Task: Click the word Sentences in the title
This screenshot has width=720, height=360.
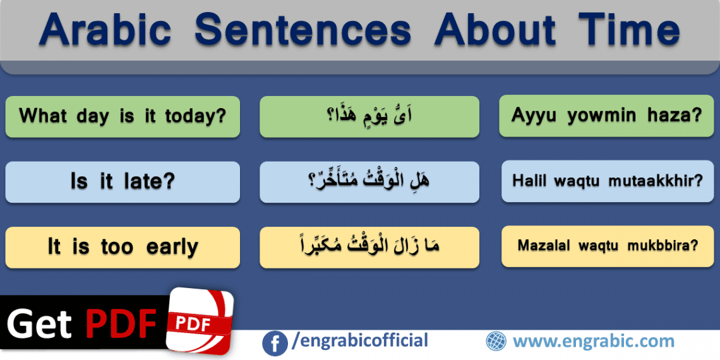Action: (303, 30)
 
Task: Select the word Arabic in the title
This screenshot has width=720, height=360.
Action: (104, 30)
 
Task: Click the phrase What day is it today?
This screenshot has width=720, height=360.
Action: (123, 116)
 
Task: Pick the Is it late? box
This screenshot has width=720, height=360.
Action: (123, 182)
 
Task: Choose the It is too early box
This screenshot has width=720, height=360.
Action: (123, 247)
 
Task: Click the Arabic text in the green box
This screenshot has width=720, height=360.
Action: (369, 116)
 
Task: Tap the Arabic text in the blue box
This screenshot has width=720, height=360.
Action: (369, 181)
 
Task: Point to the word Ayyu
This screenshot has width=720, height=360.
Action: (535, 116)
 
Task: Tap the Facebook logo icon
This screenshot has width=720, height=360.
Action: (274, 342)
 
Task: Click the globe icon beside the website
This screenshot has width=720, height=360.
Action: (496, 342)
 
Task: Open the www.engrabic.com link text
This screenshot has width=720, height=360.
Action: (593, 342)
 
